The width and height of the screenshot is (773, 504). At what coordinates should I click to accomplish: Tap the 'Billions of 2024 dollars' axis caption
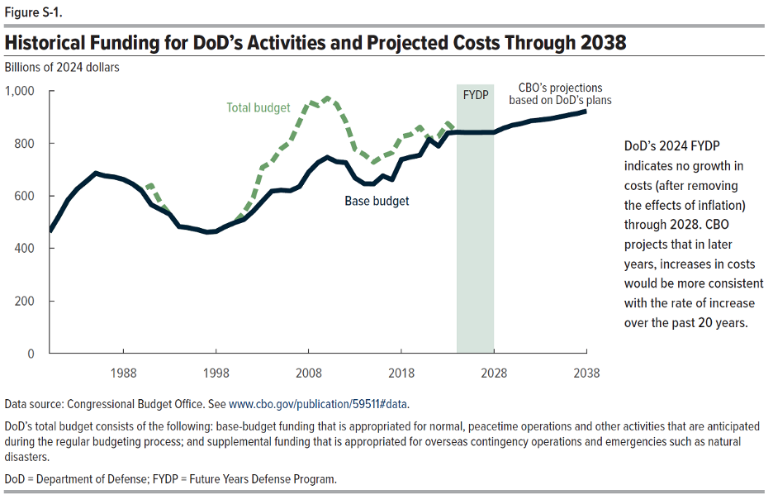pyautogui.click(x=62, y=67)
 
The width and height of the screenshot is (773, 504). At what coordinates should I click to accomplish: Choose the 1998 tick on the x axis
pyautogui.click(x=216, y=373)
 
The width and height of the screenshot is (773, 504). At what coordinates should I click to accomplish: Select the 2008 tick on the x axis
pyautogui.click(x=309, y=373)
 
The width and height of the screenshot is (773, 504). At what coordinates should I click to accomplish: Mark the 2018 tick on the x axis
pyautogui.click(x=401, y=373)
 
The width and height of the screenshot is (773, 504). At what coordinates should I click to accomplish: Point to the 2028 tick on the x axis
pyautogui.click(x=494, y=373)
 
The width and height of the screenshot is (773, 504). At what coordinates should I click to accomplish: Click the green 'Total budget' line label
pyautogui.click(x=258, y=107)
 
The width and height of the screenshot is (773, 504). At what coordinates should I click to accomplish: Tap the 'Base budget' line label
pyautogui.click(x=377, y=201)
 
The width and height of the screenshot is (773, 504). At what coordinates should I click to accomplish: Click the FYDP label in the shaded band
pyautogui.click(x=476, y=94)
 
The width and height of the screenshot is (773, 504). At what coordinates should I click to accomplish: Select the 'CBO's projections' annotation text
pyautogui.click(x=560, y=88)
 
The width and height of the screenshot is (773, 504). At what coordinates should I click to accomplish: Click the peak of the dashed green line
pyautogui.click(x=327, y=98)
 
